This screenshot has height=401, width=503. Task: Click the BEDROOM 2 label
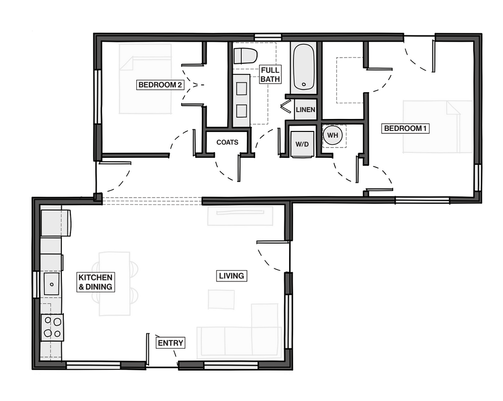(x=160, y=85)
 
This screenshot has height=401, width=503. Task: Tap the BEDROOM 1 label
(x=405, y=129)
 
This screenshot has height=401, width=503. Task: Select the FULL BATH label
(x=270, y=74)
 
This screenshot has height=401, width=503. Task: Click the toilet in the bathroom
(x=246, y=56)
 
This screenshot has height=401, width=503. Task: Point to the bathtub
(x=304, y=67)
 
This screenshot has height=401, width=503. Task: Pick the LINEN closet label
(x=305, y=110)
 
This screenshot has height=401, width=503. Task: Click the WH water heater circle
(x=333, y=135)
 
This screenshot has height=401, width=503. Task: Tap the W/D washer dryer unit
(x=302, y=144)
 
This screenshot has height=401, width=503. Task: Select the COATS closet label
(x=227, y=142)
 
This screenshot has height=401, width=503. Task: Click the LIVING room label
(x=231, y=276)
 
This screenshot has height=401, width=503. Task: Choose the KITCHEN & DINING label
(x=95, y=282)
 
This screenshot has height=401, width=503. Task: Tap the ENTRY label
(x=170, y=343)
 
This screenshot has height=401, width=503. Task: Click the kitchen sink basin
(x=51, y=284)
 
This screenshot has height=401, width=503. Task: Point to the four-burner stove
(x=52, y=327)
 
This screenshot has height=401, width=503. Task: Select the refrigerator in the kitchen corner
(x=56, y=223)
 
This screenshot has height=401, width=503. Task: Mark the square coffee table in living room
(x=221, y=299)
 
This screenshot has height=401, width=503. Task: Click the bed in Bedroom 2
(x=145, y=79)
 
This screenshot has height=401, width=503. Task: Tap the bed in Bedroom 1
(x=438, y=127)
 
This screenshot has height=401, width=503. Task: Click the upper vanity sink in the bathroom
(x=242, y=89)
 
